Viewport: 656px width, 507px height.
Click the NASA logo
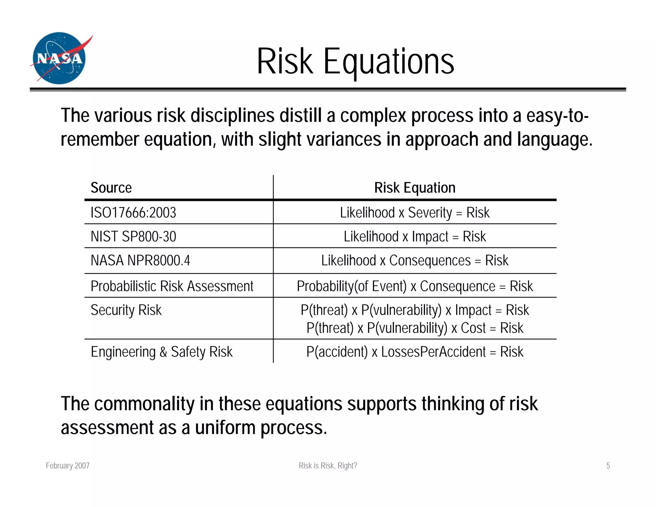pyautogui.click(x=60, y=58)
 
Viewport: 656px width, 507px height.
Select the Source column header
pyautogui.click(x=111, y=188)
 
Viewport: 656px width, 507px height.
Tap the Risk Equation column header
pyautogui.click(x=414, y=188)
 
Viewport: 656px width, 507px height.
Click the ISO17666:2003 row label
pyautogui.click(x=133, y=212)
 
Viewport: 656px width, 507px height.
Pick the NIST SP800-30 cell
pyautogui.click(x=133, y=237)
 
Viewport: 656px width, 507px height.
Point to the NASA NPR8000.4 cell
pyautogui.click(x=140, y=261)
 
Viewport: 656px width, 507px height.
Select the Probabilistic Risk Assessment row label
pyautogui.click(x=172, y=286)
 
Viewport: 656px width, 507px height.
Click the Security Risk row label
pyautogui.click(x=126, y=310)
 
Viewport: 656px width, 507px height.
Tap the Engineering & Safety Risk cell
pyautogui.click(x=161, y=352)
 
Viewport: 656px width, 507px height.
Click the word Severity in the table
pyautogui.click(x=430, y=213)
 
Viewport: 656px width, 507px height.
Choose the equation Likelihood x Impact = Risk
pyautogui.click(x=414, y=237)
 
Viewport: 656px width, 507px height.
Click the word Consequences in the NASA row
pyautogui.click(x=430, y=261)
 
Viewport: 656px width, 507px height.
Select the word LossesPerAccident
pyautogui.click(x=433, y=352)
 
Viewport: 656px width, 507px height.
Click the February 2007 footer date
pyautogui.click(x=68, y=466)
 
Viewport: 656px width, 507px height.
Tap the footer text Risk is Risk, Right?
pyautogui.click(x=328, y=466)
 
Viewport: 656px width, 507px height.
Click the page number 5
pyautogui.click(x=608, y=466)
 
